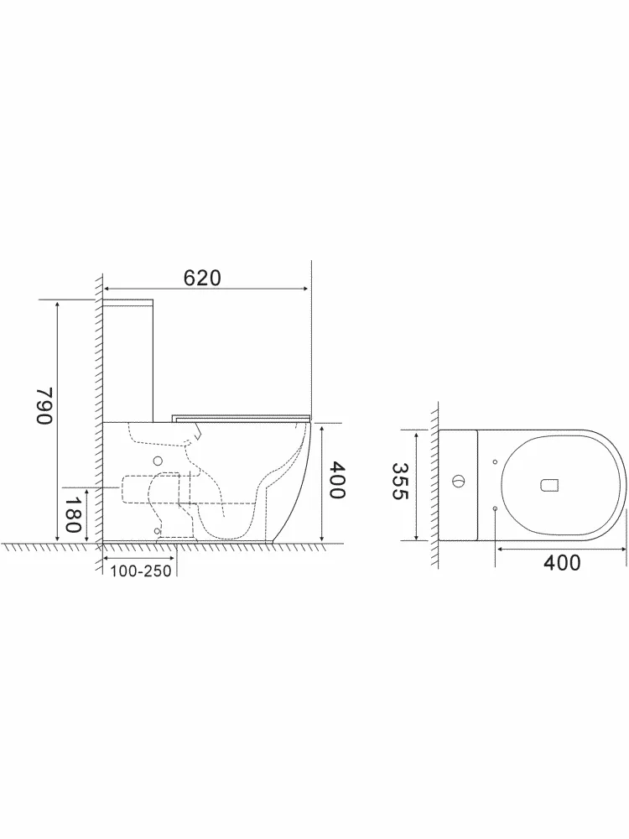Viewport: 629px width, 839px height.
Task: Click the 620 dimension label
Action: click(201, 278)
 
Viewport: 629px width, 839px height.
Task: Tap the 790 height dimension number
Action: click(45, 405)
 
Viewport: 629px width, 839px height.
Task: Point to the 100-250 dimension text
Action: click(141, 571)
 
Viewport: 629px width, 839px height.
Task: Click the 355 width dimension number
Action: click(400, 481)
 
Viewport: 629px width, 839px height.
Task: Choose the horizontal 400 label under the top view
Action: click(562, 563)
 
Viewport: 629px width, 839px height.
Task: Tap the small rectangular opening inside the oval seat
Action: click(550, 485)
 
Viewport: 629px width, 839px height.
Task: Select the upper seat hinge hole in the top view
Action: click(495, 461)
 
